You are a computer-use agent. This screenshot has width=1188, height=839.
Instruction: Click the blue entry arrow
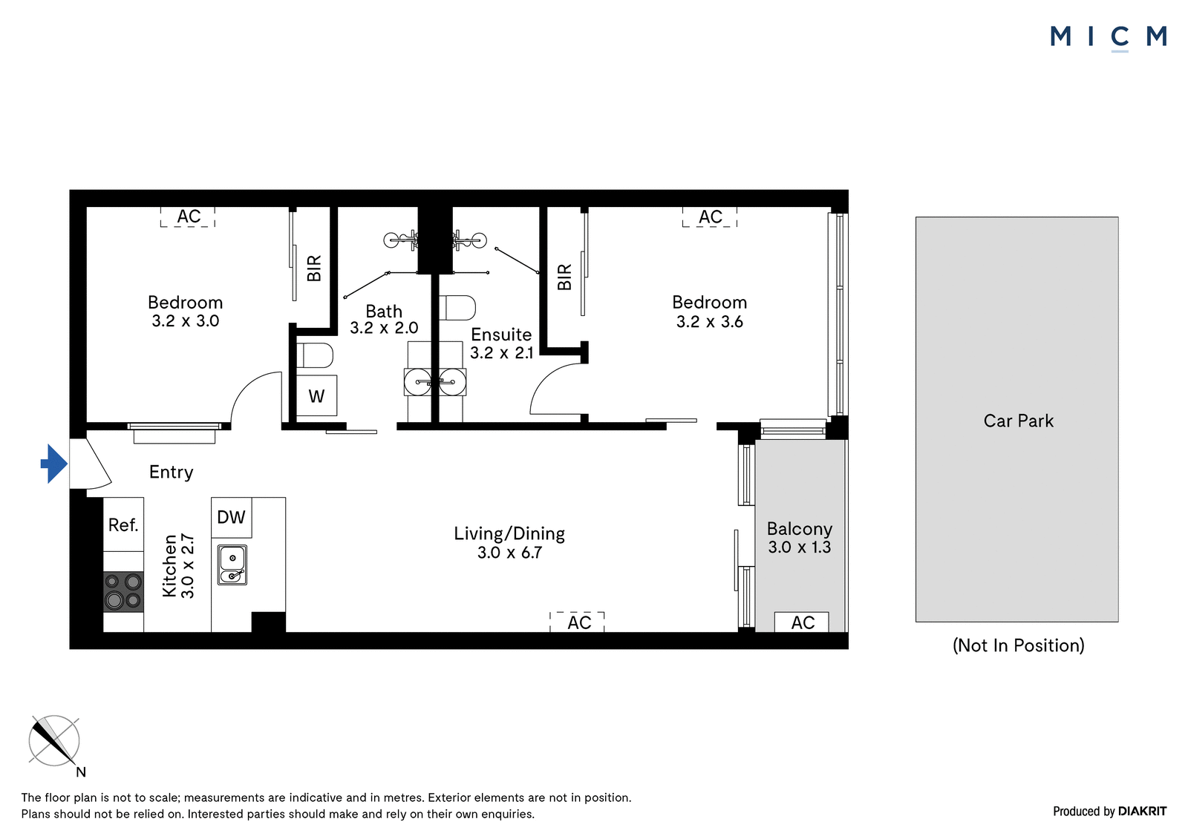54,464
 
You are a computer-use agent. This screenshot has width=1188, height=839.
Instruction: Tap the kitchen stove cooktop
123,591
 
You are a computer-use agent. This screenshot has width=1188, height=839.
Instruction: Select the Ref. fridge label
123,525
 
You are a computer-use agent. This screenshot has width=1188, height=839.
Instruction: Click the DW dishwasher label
231,517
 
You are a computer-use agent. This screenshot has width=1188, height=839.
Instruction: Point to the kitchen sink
232,565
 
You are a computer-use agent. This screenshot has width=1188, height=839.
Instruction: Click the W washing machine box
316,395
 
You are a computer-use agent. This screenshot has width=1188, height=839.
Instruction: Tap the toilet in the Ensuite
457,308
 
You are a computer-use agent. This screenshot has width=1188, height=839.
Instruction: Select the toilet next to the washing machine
315,355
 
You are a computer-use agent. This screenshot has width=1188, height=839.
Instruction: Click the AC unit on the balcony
802,622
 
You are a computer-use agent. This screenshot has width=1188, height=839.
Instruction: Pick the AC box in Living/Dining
578,622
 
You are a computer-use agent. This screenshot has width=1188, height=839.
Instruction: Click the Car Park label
1018,421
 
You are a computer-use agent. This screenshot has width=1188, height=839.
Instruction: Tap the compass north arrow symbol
54,741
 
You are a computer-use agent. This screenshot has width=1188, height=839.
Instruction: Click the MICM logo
1109,37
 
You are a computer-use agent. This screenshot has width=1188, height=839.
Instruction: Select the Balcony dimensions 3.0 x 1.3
799,547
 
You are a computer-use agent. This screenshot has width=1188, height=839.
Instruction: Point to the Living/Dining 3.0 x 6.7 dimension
509,553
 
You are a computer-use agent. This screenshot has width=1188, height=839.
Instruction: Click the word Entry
172,473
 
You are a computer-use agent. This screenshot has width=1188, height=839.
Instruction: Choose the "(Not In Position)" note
1018,645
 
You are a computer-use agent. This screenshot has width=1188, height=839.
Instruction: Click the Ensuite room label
501,335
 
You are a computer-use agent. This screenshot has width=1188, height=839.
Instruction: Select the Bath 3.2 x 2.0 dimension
384,328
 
